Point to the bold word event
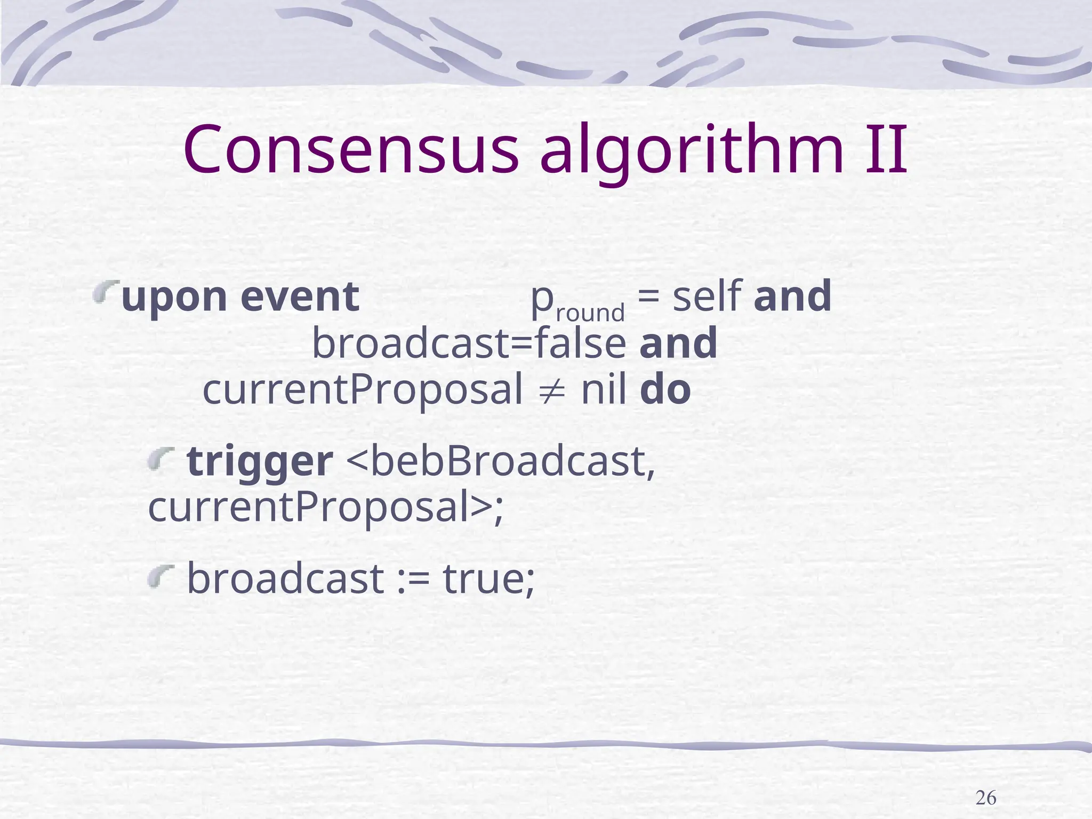[300, 297]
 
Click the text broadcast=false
[469, 343]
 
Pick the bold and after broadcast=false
[678, 343]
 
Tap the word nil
[603, 390]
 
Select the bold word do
[665, 390]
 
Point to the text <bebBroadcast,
[501, 461]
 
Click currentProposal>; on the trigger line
[325, 508]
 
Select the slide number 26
[985, 798]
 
